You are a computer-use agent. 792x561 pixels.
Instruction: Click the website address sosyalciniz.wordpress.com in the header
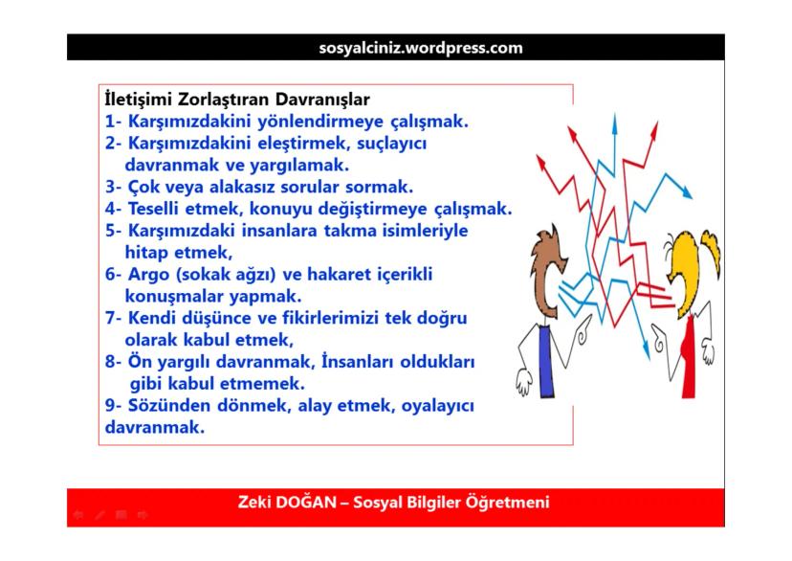pos(420,47)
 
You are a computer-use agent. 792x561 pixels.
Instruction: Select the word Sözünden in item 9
pos(164,406)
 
